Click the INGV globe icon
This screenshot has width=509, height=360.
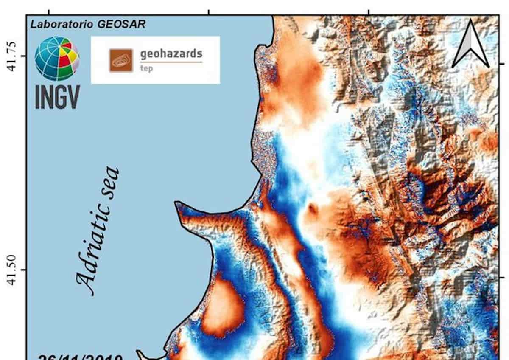coord(56,59)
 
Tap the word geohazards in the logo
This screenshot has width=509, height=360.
coord(171,54)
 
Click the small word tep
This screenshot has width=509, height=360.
coord(146,69)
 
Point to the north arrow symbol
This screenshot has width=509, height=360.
coord(470,45)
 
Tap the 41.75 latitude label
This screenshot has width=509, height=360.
coord(12,56)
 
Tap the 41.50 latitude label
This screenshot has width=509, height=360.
coord(12,270)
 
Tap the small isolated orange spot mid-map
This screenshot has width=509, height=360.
coord(313,209)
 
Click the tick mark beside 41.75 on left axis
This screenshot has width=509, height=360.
coord(23,56)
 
